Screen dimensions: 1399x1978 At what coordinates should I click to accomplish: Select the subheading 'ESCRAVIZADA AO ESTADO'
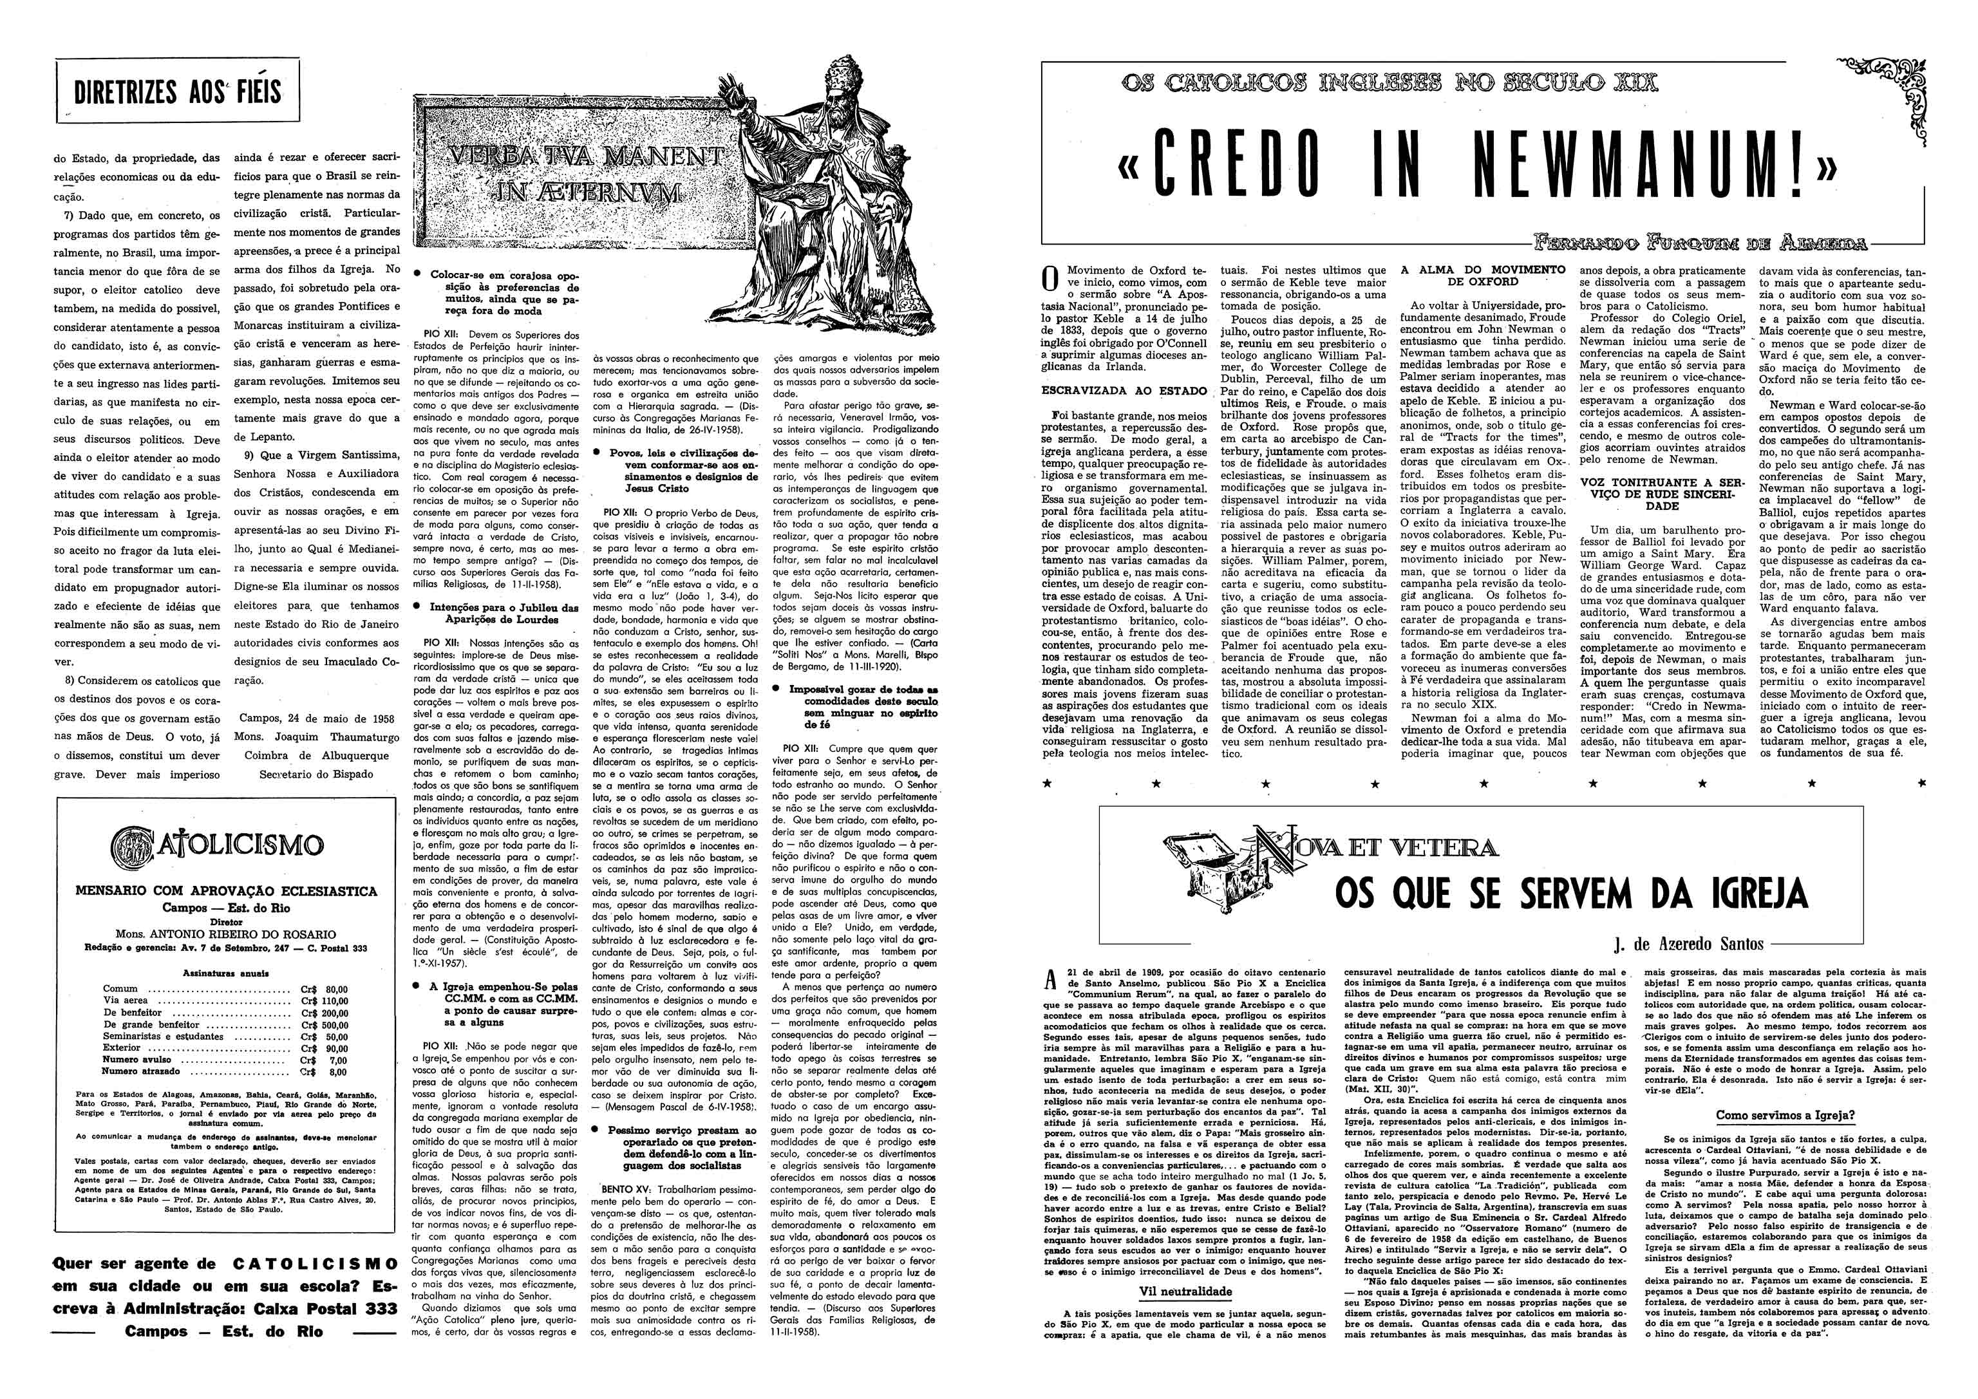(x=1124, y=390)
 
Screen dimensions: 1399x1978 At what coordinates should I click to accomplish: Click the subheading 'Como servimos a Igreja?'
(x=1785, y=1114)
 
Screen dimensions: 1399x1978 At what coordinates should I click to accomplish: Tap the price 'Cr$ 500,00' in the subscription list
(x=323, y=1025)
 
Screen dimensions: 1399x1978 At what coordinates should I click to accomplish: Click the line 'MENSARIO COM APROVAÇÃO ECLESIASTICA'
(x=226, y=891)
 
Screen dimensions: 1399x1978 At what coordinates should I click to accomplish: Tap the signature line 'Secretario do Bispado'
(x=316, y=774)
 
